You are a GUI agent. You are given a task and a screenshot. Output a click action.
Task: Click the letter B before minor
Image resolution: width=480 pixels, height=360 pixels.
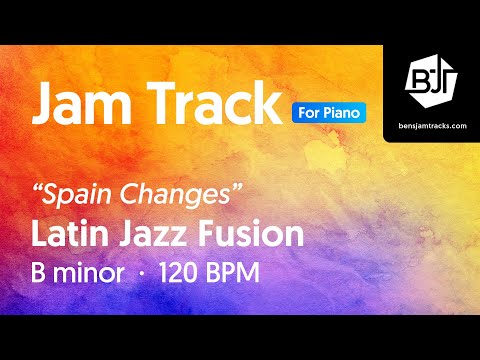[41, 273]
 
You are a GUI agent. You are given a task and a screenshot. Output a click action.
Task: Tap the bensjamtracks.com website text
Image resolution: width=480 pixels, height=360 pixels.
[432, 127]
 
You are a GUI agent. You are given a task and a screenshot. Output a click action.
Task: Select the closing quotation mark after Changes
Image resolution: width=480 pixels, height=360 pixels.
[236, 187]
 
